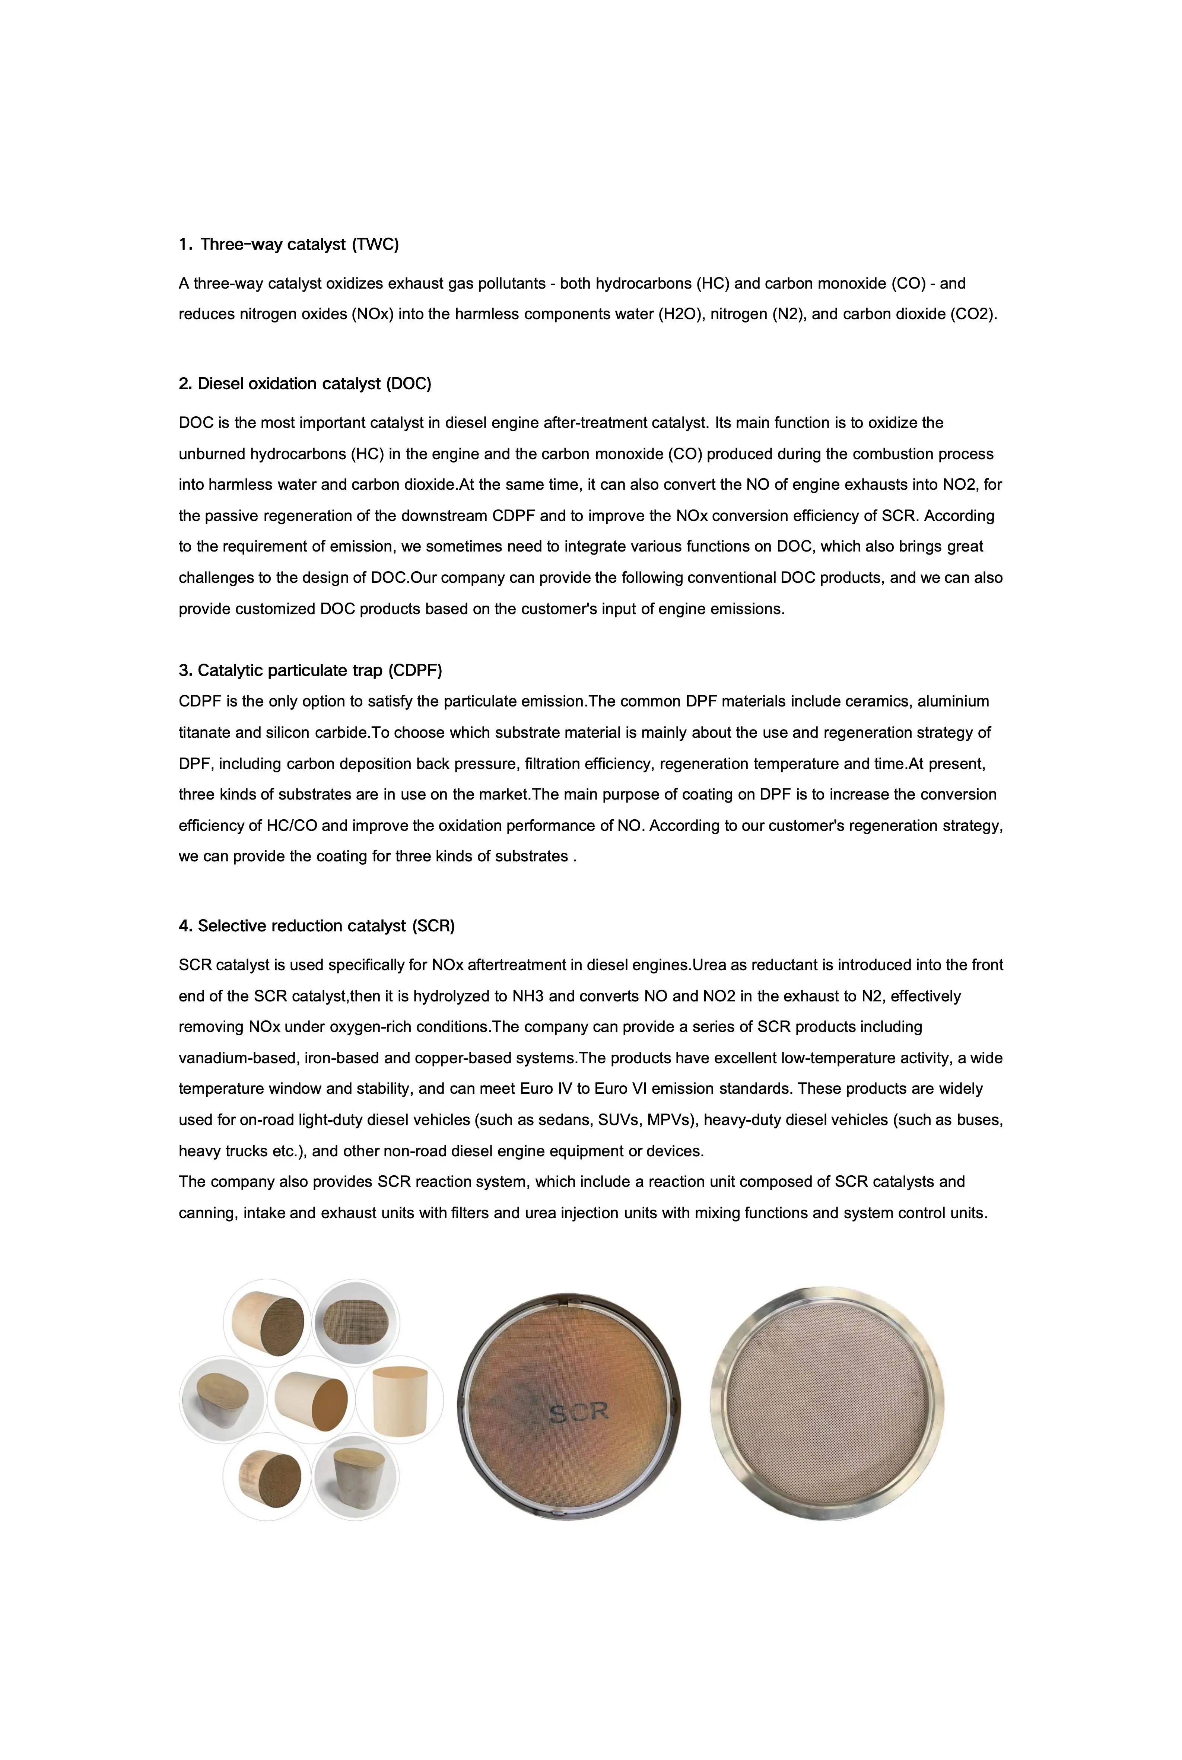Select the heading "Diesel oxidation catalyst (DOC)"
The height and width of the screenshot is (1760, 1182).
314,384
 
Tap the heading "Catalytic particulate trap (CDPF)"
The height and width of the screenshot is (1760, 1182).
320,670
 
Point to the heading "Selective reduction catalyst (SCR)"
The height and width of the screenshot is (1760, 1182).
325,925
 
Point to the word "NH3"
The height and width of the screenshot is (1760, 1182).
528,997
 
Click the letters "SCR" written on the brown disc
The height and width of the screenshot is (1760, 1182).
578,1412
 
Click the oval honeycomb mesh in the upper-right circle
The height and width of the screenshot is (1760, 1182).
356,1322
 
